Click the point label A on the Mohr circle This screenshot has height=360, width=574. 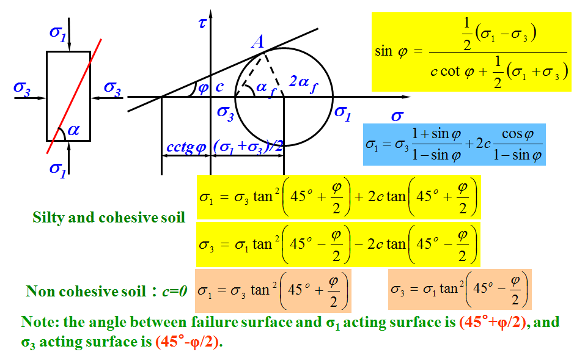pyautogui.click(x=257, y=42)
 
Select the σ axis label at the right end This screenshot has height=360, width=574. pyautogui.click(x=397, y=116)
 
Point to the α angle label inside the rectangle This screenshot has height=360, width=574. pyautogui.click(x=73, y=130)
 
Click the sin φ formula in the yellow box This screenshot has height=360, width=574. pyautogui.click(x=470, y=52)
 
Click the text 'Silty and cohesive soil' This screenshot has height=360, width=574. pyautogui.click(x=109, y=218)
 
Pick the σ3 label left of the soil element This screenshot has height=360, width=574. pyautogui.click(x=22, y=89)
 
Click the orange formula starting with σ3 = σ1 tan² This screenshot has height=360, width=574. pyautogui.click(x=459, y=288)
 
